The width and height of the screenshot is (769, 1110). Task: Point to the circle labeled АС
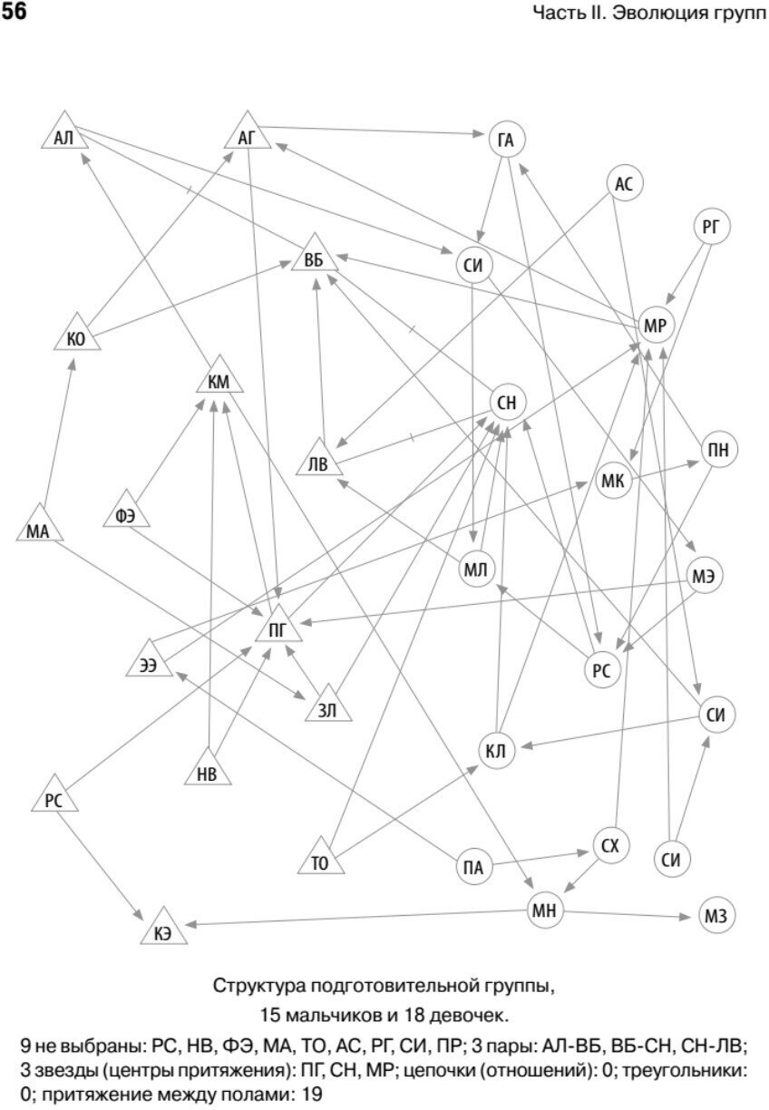623,184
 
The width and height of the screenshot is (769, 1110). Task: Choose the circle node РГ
711,227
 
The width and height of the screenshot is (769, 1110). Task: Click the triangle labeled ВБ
315,260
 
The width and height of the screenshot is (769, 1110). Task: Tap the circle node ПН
719,450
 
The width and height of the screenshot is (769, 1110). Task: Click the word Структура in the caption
258,985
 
